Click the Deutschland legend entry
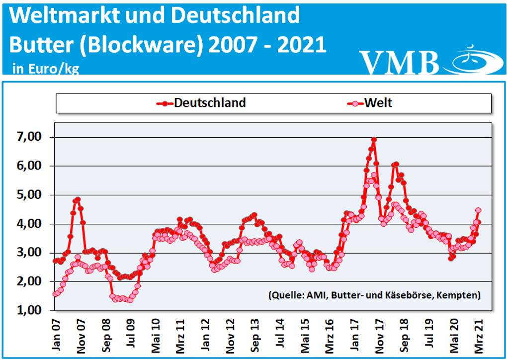tap(201, 103)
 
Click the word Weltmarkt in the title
tap(65, 16)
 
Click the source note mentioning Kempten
tap(374, 295)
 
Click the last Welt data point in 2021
tap(478, 210)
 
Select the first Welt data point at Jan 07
tap(55, 294)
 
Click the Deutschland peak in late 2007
tap(78, 199)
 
